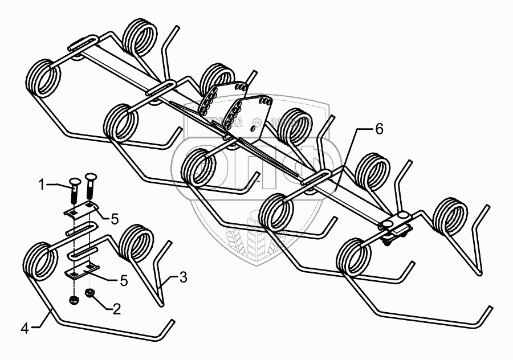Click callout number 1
[41, 184]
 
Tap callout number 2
[116, 309]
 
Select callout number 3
[182, 277]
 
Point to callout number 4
[25, 328]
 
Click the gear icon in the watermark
[257, 122]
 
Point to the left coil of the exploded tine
[40, 261]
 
